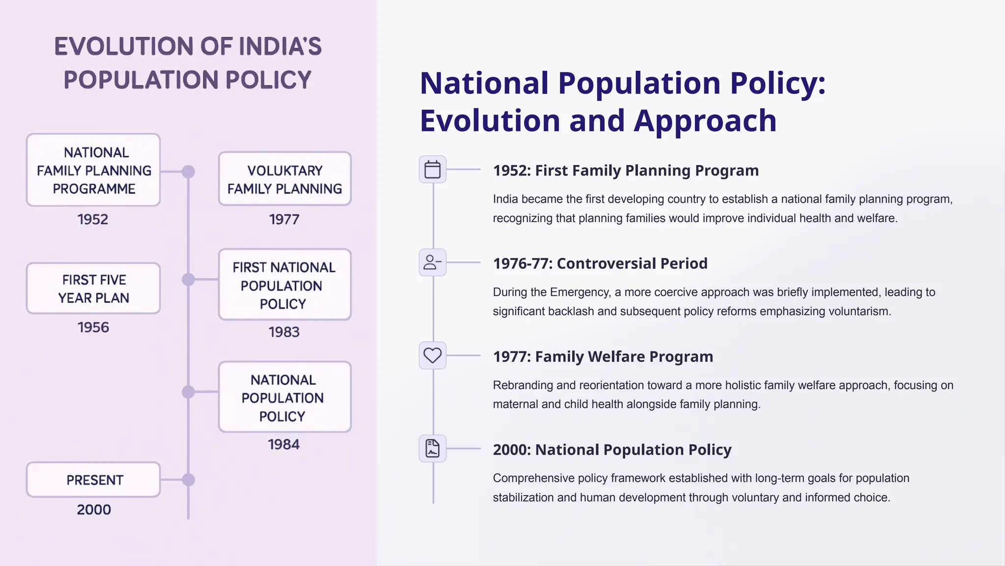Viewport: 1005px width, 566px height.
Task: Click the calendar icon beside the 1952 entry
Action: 432,170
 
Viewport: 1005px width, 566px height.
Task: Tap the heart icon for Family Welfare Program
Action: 432,355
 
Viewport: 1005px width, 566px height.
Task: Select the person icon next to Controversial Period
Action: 432,262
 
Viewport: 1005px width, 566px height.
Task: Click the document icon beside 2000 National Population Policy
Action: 432,449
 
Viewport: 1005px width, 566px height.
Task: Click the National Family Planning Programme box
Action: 93,170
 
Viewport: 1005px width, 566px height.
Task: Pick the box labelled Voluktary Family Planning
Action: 285,179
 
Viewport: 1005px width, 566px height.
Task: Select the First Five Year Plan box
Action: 93,288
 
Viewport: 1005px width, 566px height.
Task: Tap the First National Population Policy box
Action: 285,285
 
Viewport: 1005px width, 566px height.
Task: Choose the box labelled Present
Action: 93,480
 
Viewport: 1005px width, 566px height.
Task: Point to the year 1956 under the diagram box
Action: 93,328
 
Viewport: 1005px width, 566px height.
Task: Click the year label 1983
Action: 284,332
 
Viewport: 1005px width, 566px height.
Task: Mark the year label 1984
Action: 284,445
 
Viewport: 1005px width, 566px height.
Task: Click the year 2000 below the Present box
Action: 94,510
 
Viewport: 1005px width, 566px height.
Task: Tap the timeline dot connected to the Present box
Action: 188,480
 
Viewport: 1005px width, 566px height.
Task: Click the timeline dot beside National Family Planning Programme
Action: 188,171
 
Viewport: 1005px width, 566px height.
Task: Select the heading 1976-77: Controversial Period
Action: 600,263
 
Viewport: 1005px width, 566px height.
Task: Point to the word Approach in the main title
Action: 705,120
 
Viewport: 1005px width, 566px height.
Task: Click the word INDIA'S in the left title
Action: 280,47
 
